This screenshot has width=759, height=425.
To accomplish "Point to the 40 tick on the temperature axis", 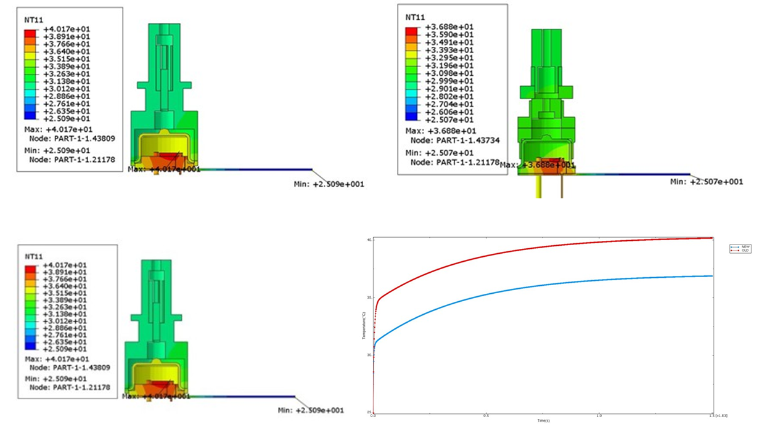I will pos(369,240).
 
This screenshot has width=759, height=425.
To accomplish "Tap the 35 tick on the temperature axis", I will pos(369,297).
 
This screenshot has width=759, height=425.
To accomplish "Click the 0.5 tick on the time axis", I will pos(486,416).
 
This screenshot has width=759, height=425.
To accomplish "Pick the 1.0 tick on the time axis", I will pos(599,416).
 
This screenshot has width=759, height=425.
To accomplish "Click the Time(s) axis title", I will pos(543,421).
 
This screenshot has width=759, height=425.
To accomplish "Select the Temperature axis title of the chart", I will pos(364,326).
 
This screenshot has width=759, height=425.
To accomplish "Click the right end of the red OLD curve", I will pos(712,238).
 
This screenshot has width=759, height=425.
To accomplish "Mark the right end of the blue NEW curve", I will pos(712,276).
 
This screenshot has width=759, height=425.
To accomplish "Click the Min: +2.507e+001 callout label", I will pos(707,182).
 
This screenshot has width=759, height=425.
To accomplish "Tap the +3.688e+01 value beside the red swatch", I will pos(449,27).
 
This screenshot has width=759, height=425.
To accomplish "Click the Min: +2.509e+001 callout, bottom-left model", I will pos(311,410).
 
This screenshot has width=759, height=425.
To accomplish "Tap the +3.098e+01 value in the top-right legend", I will pos(449,74).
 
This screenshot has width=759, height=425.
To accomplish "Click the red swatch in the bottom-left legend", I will pos(30,269).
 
